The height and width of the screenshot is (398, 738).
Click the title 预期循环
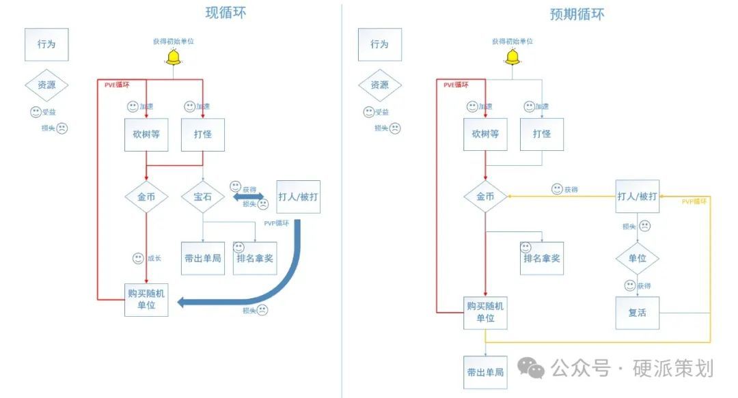577,14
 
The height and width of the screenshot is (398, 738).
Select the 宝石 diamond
203,197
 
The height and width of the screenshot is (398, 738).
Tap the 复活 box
637,313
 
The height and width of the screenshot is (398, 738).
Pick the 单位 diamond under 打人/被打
637,259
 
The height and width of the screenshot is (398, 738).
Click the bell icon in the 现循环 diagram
173,58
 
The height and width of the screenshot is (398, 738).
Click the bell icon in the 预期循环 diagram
512,58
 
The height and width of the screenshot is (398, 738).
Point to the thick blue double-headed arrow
249,197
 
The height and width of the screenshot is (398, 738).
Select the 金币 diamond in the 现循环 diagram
146,197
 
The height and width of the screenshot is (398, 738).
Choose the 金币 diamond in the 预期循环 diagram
485,197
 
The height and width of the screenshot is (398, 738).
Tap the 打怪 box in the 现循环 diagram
203,134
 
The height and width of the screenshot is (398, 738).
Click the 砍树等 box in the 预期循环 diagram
485,134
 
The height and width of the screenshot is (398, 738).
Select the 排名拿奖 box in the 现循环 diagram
254,258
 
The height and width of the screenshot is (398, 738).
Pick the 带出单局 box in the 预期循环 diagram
485,372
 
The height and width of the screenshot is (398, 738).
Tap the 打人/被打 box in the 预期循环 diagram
637,197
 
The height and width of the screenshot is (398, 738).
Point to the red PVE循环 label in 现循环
116,85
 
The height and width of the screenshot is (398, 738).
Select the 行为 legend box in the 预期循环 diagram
379,44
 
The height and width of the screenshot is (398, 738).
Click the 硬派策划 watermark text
673,369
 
